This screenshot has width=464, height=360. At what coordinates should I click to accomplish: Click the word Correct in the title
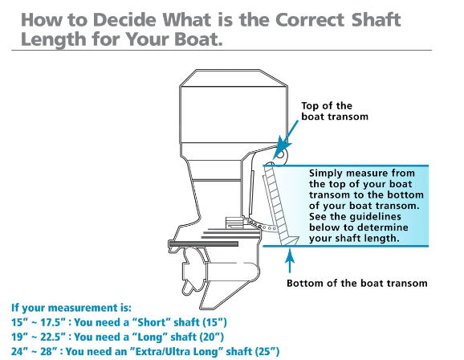click(x=310, y=19)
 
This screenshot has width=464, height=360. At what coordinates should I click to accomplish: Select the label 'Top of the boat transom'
click(x=335, y=111)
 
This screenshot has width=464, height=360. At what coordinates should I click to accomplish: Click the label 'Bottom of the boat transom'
click(x=357, y=283)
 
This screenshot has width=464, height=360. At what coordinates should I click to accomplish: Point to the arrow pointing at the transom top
click(x=285, y=139)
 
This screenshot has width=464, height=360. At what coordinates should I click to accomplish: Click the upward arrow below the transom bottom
click(x=290, y=260)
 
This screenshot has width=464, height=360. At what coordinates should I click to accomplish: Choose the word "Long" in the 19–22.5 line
click(x=151, y=337)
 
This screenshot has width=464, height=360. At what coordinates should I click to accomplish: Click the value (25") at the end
click(x=267, y=351)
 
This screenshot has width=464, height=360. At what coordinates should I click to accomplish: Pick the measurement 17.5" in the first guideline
click(x=53, y=322)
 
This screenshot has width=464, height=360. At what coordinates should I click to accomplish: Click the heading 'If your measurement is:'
click(x=71, y=308)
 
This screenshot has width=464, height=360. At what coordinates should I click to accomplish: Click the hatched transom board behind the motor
click(x=278, y=204)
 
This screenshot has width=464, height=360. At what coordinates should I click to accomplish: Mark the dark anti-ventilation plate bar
click(x=204, y=244)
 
